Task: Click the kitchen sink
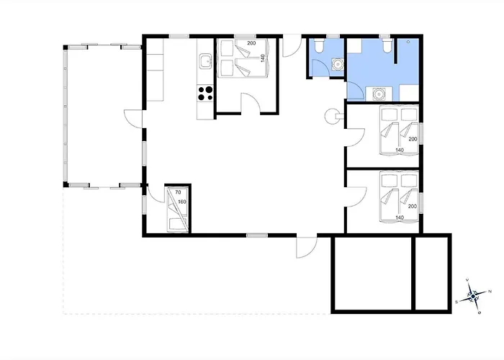point(205,61)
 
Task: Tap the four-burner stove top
point(205,93)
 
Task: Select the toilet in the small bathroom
point(319,47)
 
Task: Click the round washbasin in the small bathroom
point(338,64)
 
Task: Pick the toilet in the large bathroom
point(387,46)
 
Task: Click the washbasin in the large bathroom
point(379,94)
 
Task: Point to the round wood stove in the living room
point(331,116)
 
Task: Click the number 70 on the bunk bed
point(178,192)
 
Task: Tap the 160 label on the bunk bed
point(182,202)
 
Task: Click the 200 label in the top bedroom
point(251,43)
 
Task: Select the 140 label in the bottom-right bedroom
point(400,217)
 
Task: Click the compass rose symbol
point(473,296)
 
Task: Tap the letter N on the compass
point(490,292)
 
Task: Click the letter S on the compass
point(456,302)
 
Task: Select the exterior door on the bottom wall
point(307,247)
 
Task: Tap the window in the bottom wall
point(257,235)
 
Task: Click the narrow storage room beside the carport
point(431,274)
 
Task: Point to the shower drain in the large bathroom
point(408,42)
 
